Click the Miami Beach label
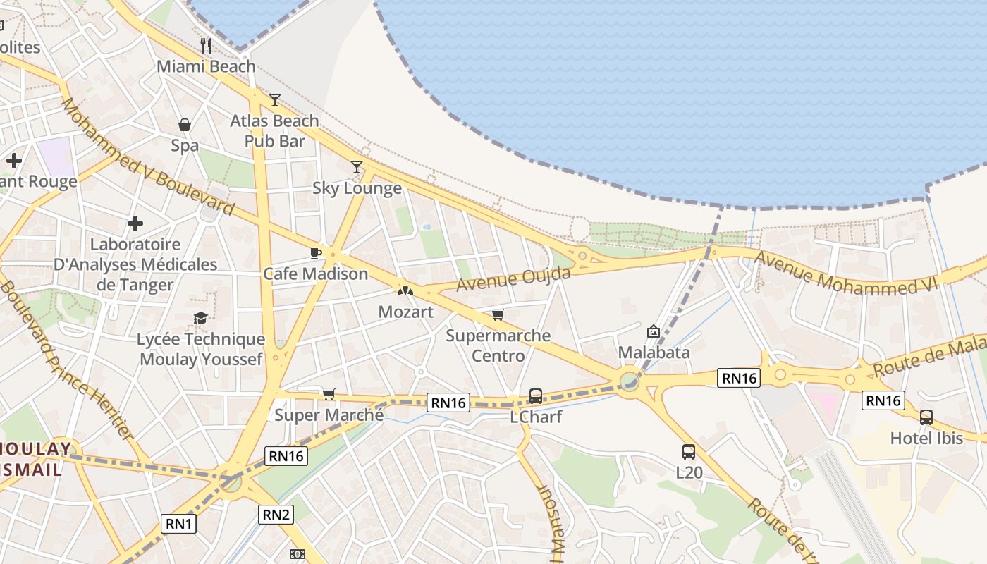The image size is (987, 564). (206, 66)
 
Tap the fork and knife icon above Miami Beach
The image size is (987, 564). (206, 46)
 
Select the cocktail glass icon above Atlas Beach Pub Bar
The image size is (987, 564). (275, 100)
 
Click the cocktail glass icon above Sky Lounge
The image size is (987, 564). (357, 167)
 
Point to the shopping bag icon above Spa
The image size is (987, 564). (185, 125)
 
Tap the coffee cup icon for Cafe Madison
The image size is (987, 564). (315, 253)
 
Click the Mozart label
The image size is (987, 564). (405, 312)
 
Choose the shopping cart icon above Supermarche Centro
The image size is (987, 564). (498, 314)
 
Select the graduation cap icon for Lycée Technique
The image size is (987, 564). (201, 319)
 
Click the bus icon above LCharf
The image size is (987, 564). (536, 396)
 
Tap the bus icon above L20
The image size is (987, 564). (689, 452)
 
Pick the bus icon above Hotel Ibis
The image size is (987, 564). (926, 417)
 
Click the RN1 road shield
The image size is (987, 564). (179, 524)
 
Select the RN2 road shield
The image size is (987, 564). (276, 515)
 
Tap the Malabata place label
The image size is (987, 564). (654, 352)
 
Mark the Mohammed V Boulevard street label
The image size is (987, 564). (147, 157)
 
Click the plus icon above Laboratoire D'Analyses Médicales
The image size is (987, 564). (135, 224)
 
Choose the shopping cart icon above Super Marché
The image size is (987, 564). (329, 394)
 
